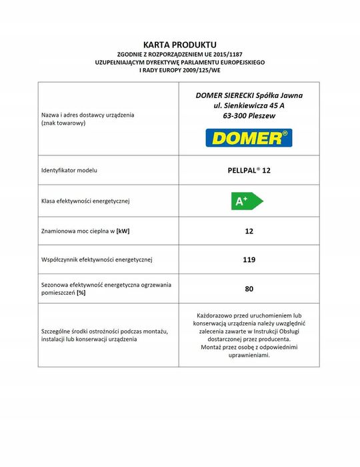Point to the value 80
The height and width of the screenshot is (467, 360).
[249, 289]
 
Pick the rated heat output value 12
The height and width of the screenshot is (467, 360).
[249, 231]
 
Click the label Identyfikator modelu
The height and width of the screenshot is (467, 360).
[69, 171]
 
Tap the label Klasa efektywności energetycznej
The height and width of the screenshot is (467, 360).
[85, 201]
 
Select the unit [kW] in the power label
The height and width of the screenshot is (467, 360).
[123, 231]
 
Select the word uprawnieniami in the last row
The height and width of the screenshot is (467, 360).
[248, 356]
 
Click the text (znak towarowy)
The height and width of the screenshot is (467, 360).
[65, 124]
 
